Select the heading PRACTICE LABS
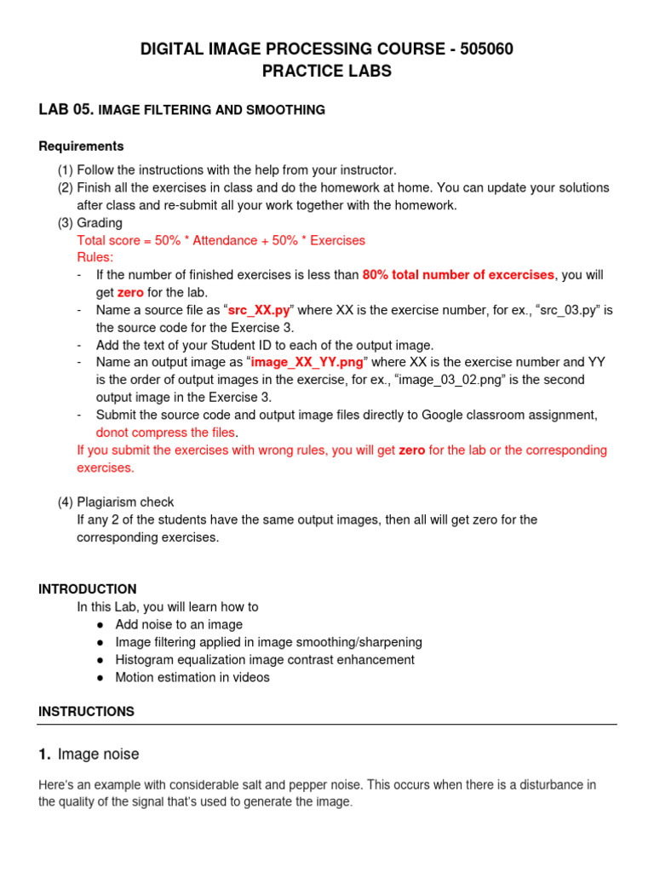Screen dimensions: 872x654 click(x=327, y=72)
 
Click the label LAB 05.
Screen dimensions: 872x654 click(x=66, y=109)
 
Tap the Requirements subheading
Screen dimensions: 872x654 click(x=81, y=146)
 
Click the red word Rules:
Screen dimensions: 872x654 click(x=95, y=257)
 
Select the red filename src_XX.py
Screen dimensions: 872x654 click(x=260, y=310)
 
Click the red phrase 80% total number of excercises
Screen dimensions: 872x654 click(x=459, y=275)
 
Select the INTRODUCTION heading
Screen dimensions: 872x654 click(x=87, y=589)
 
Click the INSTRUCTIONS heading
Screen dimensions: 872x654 click(x=86, y=711)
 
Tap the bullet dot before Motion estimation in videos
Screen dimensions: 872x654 click(x=100, y=678)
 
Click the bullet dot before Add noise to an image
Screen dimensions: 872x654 click(x=100, y=625)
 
